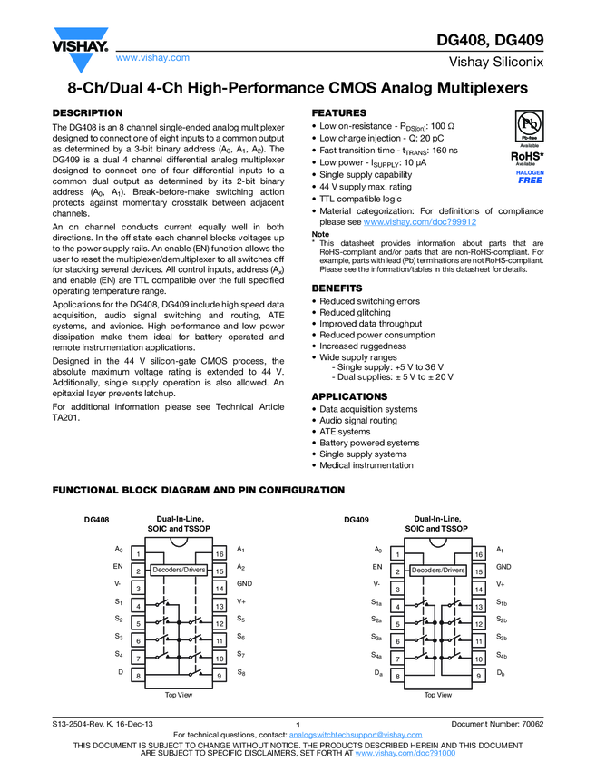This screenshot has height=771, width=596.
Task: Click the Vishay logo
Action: point(81,40)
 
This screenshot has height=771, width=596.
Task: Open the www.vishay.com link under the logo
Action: point(152,57)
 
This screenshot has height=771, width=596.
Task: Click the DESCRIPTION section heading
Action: point(89,112)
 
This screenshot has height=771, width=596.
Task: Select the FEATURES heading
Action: point(338,112)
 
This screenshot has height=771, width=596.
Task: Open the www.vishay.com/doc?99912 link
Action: point(419,221)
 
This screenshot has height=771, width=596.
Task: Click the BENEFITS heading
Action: point(338,288)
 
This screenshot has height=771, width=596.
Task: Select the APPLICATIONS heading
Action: point(349,396)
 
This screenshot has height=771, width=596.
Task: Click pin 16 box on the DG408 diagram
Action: point(219,553)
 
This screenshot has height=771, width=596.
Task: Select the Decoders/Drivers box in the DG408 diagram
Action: point(179,570)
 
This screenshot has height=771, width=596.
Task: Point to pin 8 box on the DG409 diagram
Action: point(397,676)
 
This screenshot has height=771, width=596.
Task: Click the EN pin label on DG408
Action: point(118,567)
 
